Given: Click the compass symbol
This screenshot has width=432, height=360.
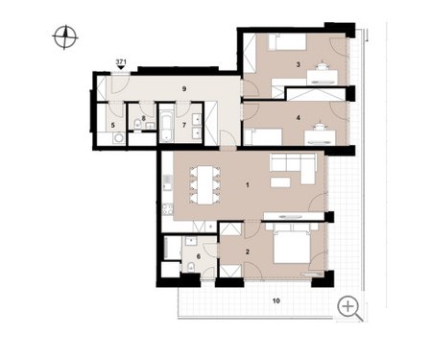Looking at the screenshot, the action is pyautogui.click(x=65, y=37).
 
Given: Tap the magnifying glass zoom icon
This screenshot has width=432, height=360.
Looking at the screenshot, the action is pyautogui.click(x=349, y=308).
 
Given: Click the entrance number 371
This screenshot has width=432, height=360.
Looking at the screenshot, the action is pyautogui.click(x=121, y=61).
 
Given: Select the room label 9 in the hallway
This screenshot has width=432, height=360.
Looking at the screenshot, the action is pyautogui.click(x=184, y=88).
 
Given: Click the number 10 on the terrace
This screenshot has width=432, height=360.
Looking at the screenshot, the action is pyautogui.click(x=276, y=300).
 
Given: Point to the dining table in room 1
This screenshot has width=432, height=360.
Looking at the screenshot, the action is pyautogui.click(x=205, y=185).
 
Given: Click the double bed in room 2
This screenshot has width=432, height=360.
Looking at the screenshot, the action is pyautogui.click(x=292, y=243).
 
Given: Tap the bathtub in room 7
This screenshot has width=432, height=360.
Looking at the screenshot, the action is pyautogui.click(x=167, y=127).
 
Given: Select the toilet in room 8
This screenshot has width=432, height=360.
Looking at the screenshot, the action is pyautogui.click(x=138, y=124).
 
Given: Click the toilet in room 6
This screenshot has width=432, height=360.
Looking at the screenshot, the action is pyautogui.click(x=191, y=266).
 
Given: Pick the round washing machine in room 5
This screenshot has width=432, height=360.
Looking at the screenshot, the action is pyautogui.click(x=119, y=139).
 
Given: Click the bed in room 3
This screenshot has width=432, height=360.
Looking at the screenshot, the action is pyautogui.click(x=287, y=42).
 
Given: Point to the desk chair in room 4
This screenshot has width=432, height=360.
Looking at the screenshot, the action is pyautogui.click(x=320, y=127).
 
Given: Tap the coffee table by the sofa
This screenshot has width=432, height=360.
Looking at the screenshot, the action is pyautogui.click(x=280, y=182).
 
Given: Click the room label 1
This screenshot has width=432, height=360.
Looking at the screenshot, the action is pyautogui.click(x=248, y=185).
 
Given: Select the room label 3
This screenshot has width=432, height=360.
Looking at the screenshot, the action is pyautogui.click(x=299, y=64).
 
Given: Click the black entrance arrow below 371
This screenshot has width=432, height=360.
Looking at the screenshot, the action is pyautogui.click(x=121, y=67).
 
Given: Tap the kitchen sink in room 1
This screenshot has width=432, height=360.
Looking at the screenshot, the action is pyautogui.click(x=167, y=181).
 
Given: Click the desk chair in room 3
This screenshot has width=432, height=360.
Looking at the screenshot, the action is pyautogui.click(x=322, y=65).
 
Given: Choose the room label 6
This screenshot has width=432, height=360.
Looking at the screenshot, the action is pyautogui.click(x=199, y=256).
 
